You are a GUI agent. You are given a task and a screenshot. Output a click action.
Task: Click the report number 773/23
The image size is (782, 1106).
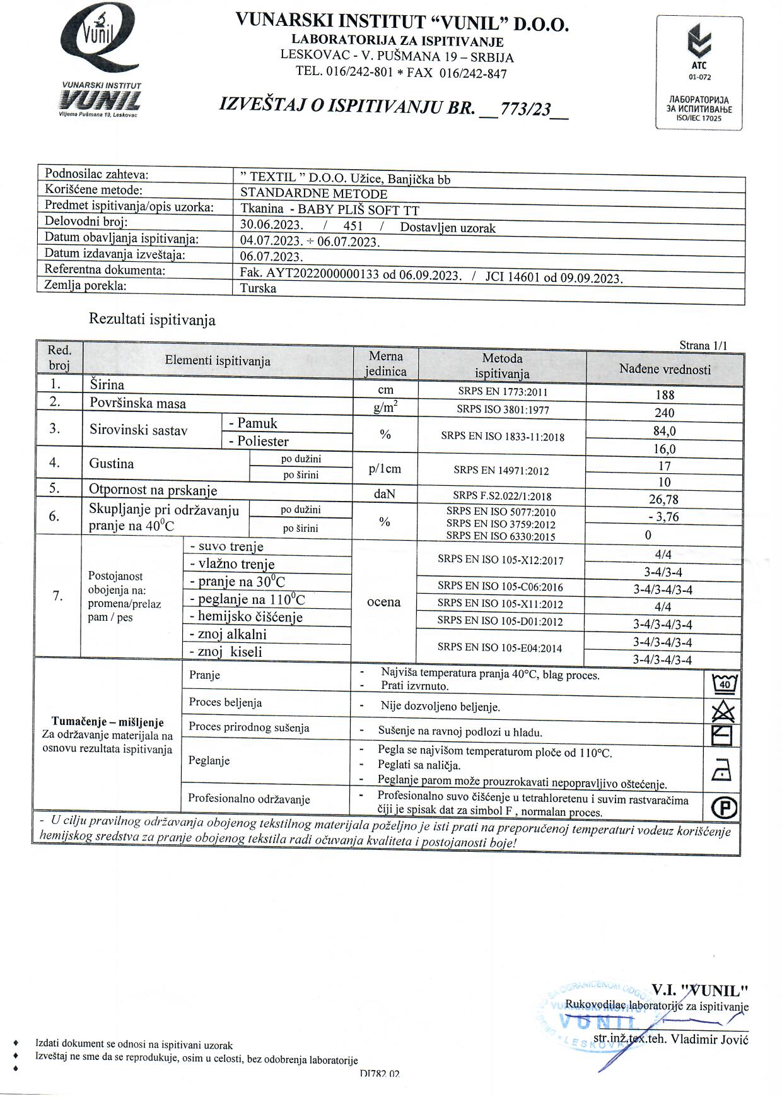tap(525, 110)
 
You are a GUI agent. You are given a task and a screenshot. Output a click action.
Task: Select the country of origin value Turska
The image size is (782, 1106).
tap(258, 289)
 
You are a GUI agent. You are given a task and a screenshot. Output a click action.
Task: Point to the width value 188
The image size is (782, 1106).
tap(665, 395)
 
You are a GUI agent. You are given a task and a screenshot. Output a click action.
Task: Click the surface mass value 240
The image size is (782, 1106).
tap(665, 413)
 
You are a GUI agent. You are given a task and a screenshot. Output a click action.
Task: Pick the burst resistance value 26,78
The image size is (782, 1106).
tap(664, 500)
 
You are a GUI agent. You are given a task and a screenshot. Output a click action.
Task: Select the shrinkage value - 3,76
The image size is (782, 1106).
tap(663, 517)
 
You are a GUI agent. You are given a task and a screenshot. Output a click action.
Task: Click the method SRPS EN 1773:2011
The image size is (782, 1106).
tap(503, 392)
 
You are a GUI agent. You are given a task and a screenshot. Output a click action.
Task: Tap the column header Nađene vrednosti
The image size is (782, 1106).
tap(665, 370)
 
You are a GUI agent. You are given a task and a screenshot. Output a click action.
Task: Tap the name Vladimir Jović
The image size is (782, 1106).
tap(709, 1039)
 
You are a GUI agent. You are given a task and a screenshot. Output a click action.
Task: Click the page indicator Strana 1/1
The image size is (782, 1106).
tap(703, 345)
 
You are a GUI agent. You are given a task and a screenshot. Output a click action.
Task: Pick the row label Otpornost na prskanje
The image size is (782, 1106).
tap(153, 490)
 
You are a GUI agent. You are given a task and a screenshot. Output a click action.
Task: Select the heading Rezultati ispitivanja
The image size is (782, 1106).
tap(152, 320)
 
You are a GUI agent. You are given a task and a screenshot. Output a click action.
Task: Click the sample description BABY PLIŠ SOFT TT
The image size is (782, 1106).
tap(358, 210)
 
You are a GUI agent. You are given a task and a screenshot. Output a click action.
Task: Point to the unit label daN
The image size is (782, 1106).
tap(384, 494)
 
